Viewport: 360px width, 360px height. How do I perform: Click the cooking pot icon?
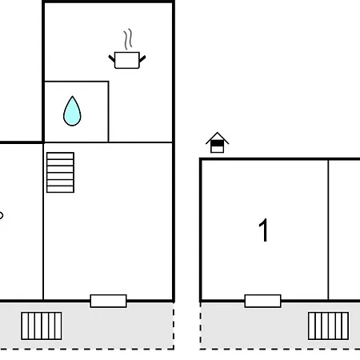tap(127, 60)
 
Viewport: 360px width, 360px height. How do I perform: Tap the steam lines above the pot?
tap(128, 39)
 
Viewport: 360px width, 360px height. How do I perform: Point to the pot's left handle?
tap(111, 58)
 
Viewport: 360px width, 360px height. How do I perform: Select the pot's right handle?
tap(142, 58)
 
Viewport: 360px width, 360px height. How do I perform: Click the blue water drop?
tap(72, 111)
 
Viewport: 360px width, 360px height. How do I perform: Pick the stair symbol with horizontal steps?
tap(60, 172)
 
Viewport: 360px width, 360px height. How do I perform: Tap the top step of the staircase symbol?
tap(60, 156)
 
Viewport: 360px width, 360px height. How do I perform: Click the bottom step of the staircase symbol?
tap(60, 189)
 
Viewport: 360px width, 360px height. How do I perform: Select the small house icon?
tap(217, 142)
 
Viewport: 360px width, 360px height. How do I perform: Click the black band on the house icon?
tap(217, 143)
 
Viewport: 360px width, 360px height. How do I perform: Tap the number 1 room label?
tap(263, 230)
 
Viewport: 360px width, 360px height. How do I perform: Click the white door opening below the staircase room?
tap(108, 301)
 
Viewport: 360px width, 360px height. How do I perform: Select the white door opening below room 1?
tap(262, 301)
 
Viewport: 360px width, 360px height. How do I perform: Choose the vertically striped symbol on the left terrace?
tap(42, 326)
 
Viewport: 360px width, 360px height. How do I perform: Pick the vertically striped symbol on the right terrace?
tap(328, 326)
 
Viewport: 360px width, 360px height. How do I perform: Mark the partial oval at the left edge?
tap(2, 215)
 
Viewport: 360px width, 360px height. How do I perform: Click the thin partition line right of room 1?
tap(328, 230)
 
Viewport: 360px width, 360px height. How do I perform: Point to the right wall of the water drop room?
tap(109, 111)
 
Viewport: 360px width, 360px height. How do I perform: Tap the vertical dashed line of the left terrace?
tap(174, 326)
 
